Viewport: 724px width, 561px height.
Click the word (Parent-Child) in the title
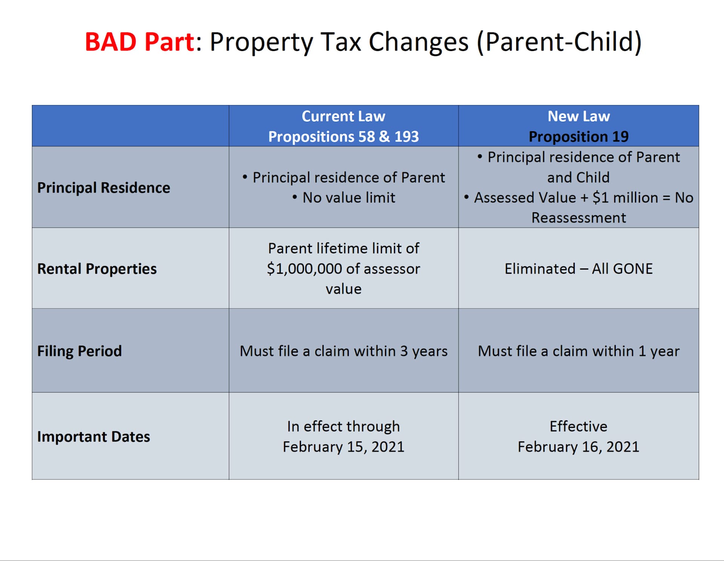559,42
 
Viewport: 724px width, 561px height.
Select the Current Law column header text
343,116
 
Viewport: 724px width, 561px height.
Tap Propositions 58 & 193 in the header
343,136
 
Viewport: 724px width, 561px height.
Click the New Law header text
578,116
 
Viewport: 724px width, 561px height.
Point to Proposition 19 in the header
578,136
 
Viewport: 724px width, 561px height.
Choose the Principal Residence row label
104,188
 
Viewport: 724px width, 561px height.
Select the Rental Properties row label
97,269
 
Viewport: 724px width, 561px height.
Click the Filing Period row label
80,351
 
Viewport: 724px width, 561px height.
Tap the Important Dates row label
94,437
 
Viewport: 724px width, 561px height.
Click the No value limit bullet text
348,198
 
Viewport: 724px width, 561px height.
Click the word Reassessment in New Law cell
578,218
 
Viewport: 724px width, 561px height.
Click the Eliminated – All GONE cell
578,269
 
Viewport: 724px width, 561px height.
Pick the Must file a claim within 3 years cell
343,351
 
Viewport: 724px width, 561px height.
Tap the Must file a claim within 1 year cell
578,351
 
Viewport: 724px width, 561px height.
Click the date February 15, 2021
343,447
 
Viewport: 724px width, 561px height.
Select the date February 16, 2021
578,447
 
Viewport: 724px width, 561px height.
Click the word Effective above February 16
578,426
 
